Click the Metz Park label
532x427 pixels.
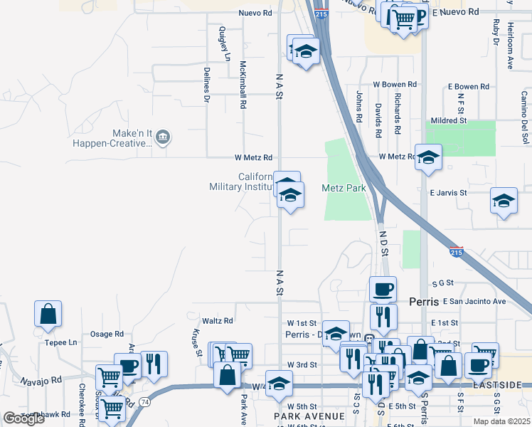tap(343, 189)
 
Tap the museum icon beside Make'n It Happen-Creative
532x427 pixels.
tap(163, 137)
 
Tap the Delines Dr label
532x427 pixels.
tap(207, 85)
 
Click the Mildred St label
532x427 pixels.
tap(448, 121)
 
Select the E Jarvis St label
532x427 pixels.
tap(448, 193)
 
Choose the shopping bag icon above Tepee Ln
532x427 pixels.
tap(48, 313)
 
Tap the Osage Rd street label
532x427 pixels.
tap(107, 334)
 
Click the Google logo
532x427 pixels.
tap(24, 418)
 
